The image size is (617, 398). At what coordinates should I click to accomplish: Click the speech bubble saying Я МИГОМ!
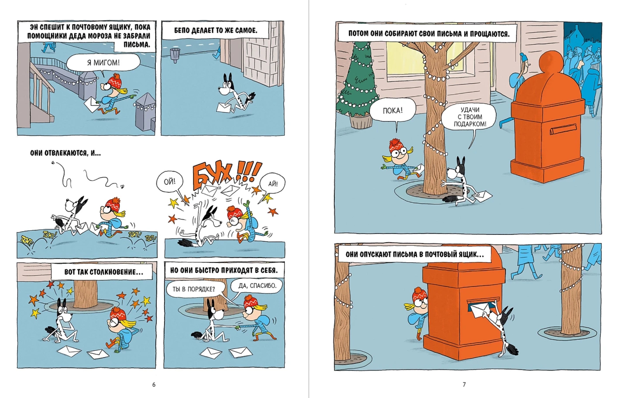click(103, 62)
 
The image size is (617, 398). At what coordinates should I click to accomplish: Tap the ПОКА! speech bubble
click(392, 111)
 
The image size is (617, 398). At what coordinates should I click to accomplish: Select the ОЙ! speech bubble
click(169, 182)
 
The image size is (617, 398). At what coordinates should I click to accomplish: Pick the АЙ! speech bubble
click(272, 184)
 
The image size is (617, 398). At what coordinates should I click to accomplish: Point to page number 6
click(154, 385)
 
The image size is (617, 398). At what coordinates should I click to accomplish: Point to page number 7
click(464, 385)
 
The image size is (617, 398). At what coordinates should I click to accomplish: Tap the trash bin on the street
click(175, 55)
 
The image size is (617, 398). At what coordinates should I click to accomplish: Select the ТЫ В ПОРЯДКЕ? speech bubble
click(194, 289)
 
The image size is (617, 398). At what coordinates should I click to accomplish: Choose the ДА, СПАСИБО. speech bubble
click(257, 285)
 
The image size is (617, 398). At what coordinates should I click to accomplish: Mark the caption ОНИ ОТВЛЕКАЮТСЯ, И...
click(66, 153)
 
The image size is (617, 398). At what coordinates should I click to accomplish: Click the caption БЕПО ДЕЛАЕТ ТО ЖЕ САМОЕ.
click(216, 30)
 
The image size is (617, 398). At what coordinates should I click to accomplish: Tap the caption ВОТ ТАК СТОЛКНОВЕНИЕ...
click(104, 272)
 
